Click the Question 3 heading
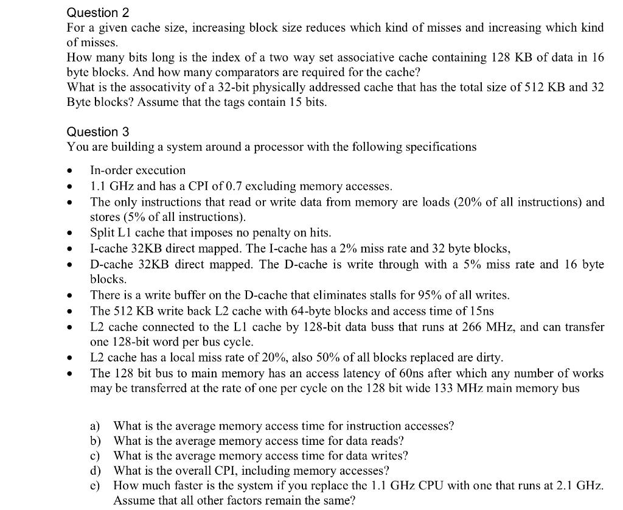pos(98,131)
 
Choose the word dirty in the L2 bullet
pos(489,357)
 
